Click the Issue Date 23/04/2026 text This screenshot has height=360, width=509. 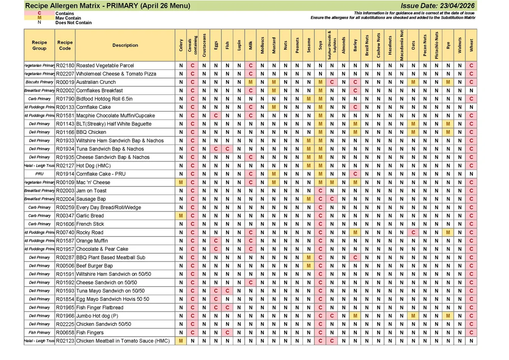click(x=438, y=6)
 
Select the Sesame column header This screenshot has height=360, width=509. click(x=308, y=45)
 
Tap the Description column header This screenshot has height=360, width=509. click(x=125, y=45)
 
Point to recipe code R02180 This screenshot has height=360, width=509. click(x=65, y=66)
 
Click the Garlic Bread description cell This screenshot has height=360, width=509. click(x=90, y=216)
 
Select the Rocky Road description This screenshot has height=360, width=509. click(x=89, y=232)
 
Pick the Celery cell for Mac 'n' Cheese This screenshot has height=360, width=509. click(x=181, y=182)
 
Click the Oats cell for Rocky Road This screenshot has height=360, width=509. click(x=413, y=232)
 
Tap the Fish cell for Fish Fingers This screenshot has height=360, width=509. click(x=227, y=332)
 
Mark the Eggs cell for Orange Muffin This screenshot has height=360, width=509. click(x=216, y=241)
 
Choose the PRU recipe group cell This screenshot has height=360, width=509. click(x=39, y=174)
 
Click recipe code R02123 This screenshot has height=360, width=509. click(x=65, y=341)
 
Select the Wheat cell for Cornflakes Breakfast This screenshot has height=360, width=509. click(x=471, y=91)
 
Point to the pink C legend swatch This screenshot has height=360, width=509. click(x=39, y=14)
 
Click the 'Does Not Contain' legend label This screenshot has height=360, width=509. click(x=73, y=23)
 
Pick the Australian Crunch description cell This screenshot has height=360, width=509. click(x=96, y=82)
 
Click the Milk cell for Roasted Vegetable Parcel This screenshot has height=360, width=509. click(x=251, y=66)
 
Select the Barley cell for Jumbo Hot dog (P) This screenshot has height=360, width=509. click(x=355, y=316)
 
